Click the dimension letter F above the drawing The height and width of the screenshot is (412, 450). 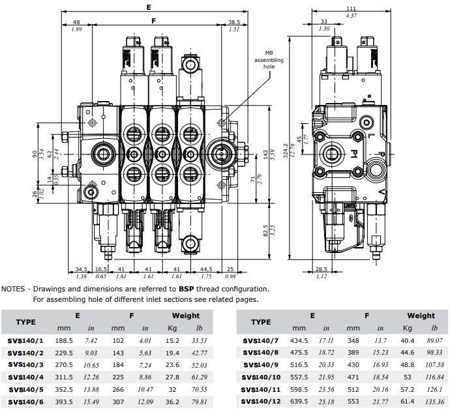pyautogui.click(x=153, y=21)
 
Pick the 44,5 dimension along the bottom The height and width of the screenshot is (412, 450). pyautogui.click(x=207, y=269)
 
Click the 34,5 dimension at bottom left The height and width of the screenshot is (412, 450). pyautogui.click(x=81, y=269)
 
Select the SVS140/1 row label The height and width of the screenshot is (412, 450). pyautogui.click(x=25, y=340)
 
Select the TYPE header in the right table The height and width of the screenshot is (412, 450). pyautogui.click(x=260, y=321)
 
